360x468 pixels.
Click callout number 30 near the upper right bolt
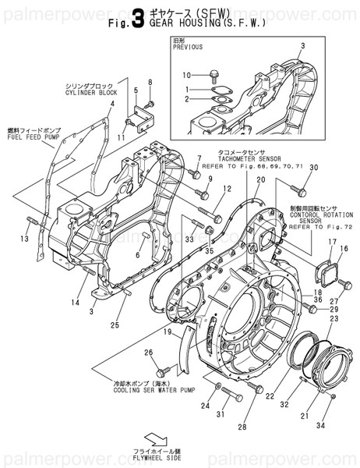[314, 168]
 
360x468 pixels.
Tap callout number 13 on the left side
[23, 239]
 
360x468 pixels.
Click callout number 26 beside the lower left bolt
[147, 353]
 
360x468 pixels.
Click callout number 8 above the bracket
[150, 82]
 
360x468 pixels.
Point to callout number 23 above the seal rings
[334, 318]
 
